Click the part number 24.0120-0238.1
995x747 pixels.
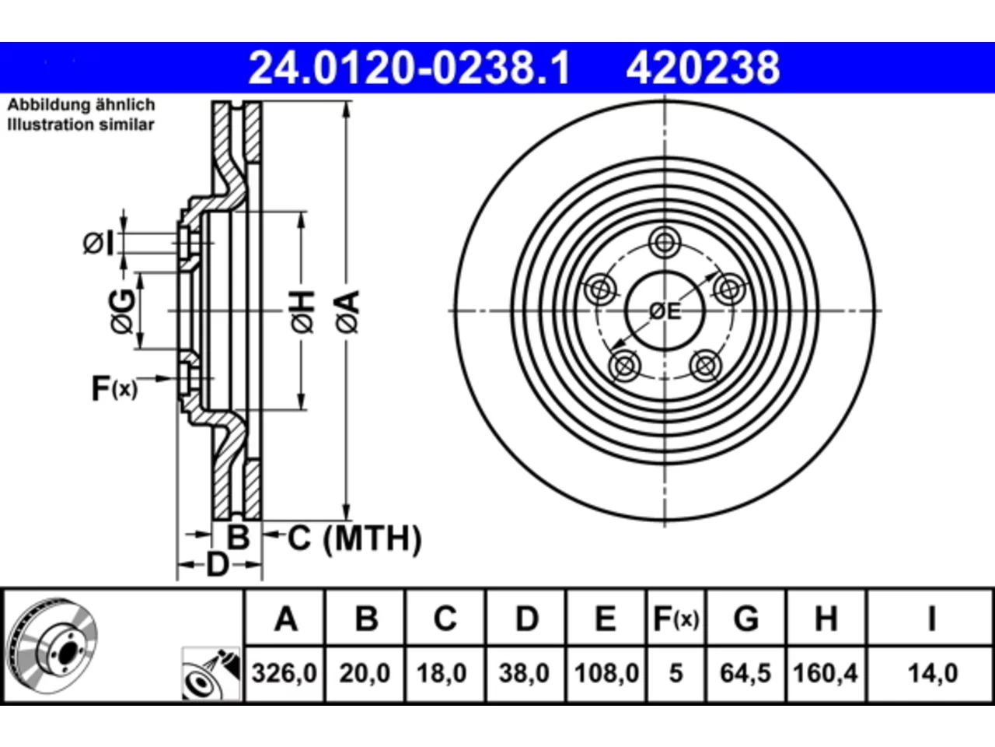tap(409, 68)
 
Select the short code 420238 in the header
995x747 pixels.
tap(703, 68)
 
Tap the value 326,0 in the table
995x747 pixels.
tap(285, 673)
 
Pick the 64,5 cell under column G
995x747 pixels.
tap(745, 673)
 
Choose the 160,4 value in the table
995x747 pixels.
tap(826, 673)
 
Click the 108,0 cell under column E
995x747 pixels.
tap(606, 673)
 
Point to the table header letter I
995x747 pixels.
tap(931, 619)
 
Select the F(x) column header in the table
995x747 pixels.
tap(676, 619)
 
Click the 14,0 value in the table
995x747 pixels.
tap(933, 673)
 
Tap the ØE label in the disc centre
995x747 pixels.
tap(665, 311)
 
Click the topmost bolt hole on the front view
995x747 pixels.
tap(665, 243)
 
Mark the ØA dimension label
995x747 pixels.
tap(347, 311)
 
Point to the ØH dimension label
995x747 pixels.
tap(302, 311)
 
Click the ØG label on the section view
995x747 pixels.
tap(122, 311)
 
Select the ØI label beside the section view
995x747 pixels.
tap(99, 243)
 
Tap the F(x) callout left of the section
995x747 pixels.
tap(114, 388)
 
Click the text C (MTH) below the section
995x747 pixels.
tap(354, 538)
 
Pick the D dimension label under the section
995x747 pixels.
tap(218, 565)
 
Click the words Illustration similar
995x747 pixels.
tap(81, 124)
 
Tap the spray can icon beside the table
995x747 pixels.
tap(211, 674)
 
